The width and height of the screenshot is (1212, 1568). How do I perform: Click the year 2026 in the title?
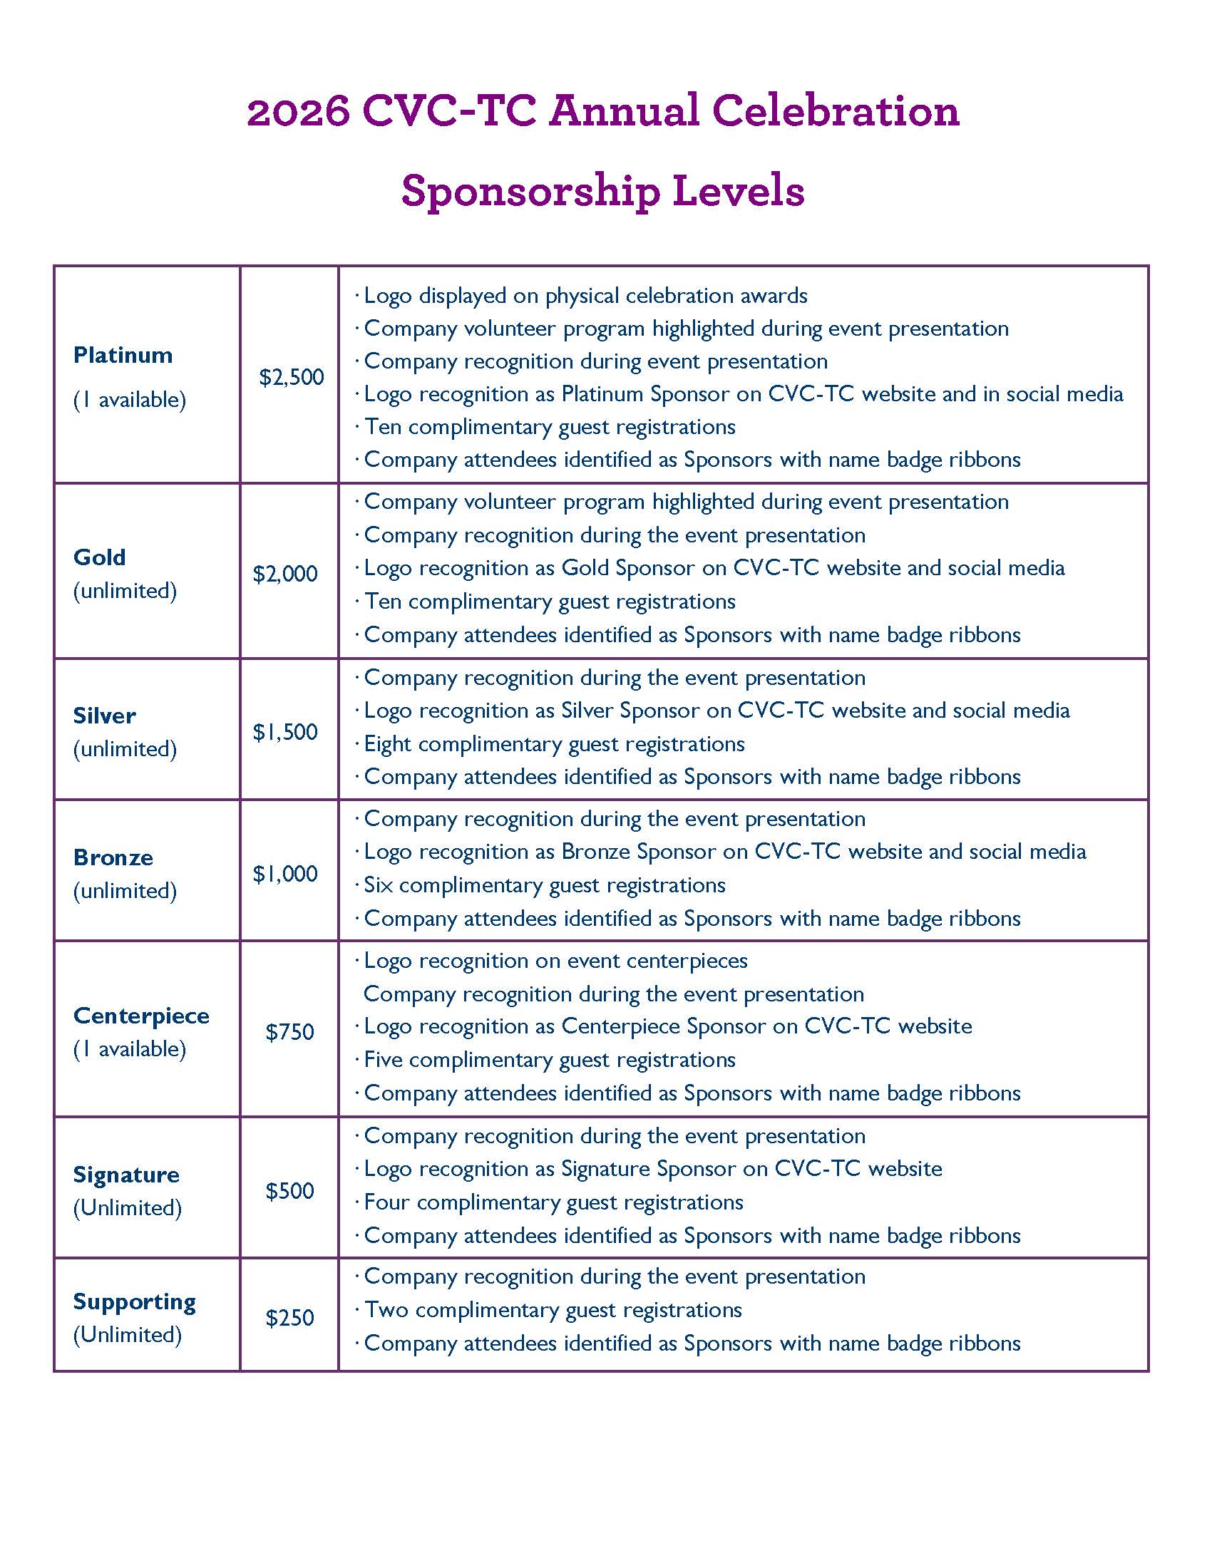pos(298,112)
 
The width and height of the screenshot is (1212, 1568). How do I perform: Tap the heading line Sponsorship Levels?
pos(602,191)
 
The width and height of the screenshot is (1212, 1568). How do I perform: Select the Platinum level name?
pos(123,355)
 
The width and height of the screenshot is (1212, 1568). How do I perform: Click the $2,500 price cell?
pos(292,377)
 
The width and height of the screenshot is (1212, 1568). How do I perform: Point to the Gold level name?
pos(99,557)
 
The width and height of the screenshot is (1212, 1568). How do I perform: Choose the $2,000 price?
pos(285,574)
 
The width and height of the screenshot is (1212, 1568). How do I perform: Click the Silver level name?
pos(104,716)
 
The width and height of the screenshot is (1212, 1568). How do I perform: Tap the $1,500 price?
pos(285,732)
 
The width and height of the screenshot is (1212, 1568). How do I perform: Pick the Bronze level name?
pos(113,857)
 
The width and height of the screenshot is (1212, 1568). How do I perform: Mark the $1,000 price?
pos(285,874)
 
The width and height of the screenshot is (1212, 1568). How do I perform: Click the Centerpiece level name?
pos(140,1016)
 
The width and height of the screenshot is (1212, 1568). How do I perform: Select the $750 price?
pos(290,1033)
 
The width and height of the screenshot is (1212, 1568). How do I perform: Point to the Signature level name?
pos(126,1175)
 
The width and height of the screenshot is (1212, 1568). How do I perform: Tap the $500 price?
pos(290,1191)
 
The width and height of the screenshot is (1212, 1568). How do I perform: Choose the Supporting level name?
pos(134,1301)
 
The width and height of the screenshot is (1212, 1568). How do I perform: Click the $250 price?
pos(290,1318)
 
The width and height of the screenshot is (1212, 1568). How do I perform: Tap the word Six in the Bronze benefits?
pos(378,885)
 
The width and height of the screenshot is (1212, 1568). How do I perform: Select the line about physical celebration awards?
pos(585,296)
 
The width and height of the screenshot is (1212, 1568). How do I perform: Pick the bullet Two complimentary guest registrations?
pos(553,1310)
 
